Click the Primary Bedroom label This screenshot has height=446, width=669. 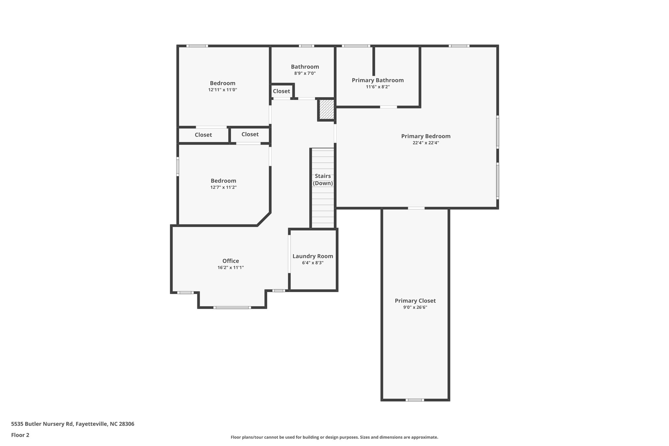426,136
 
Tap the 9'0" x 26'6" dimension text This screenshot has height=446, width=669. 415,307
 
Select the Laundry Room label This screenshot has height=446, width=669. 313,256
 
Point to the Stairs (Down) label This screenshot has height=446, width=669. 323,180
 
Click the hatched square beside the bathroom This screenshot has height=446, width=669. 326,109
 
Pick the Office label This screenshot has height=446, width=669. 231,261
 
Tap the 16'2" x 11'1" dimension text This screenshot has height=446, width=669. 231,268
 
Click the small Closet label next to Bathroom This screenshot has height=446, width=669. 281,91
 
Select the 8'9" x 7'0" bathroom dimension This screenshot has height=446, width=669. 305,74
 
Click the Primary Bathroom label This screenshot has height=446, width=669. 378,80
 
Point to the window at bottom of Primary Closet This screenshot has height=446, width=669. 415,400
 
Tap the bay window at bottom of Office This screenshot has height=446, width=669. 232,307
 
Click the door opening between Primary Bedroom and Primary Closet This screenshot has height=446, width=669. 416,208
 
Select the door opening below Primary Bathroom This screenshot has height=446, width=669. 388,107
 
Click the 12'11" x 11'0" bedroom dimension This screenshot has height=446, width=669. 222,90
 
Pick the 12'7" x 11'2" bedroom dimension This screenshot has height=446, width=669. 223,188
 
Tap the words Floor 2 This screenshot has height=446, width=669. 20,435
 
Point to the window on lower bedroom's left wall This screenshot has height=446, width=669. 178,166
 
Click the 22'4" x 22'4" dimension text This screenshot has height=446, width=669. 426,143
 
